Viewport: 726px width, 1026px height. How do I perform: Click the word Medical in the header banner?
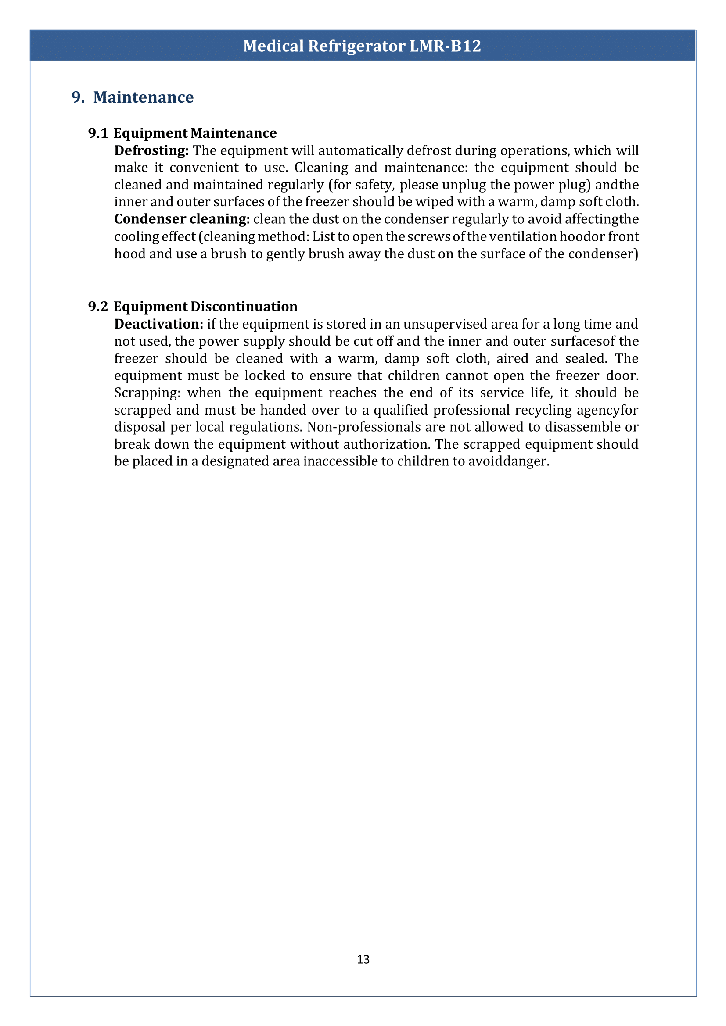coord(273,46)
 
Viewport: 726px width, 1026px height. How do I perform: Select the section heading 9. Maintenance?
coord(133,97)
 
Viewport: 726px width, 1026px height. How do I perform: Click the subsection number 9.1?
coord(98,133)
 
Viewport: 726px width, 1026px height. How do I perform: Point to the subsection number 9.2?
coord(98,307)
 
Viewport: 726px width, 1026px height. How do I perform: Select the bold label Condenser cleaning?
coord(182,219)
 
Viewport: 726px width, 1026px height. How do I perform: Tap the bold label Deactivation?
coord(159,324)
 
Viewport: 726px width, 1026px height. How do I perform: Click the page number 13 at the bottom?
coord(363,959)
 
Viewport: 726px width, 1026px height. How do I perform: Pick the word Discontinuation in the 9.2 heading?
coord(244,307)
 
